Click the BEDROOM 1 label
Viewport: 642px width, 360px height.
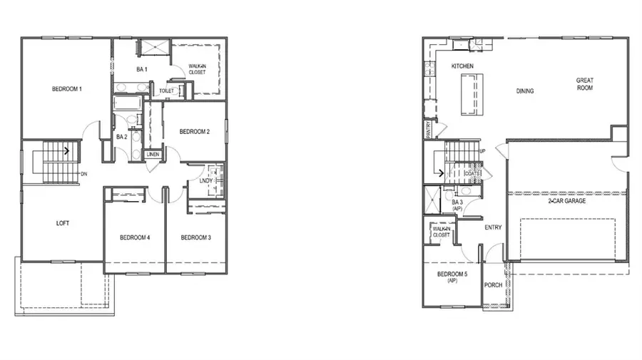coord(67,89)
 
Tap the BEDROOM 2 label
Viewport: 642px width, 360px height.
coord(194,131)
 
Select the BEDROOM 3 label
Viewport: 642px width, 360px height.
coord(195,237)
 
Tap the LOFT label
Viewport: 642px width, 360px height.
coord(63,223)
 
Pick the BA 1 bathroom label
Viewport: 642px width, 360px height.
coord(141,69)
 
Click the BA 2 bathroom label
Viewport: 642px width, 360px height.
coord(122,136)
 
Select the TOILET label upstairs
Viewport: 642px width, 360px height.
coord(166,91)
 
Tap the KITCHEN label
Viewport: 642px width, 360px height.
coord(462,66)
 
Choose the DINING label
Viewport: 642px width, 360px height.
coord(525,91)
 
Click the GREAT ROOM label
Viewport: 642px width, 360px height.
coord(585,84)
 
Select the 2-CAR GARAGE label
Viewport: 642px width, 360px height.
coord(567,202)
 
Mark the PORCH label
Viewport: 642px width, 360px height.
coord(493,285)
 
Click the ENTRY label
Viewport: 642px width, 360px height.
coord(493,227)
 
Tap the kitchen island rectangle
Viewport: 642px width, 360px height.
coord(468,94)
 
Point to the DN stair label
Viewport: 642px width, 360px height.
coord(83,174)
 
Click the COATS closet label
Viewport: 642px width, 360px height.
coord(472,173)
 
